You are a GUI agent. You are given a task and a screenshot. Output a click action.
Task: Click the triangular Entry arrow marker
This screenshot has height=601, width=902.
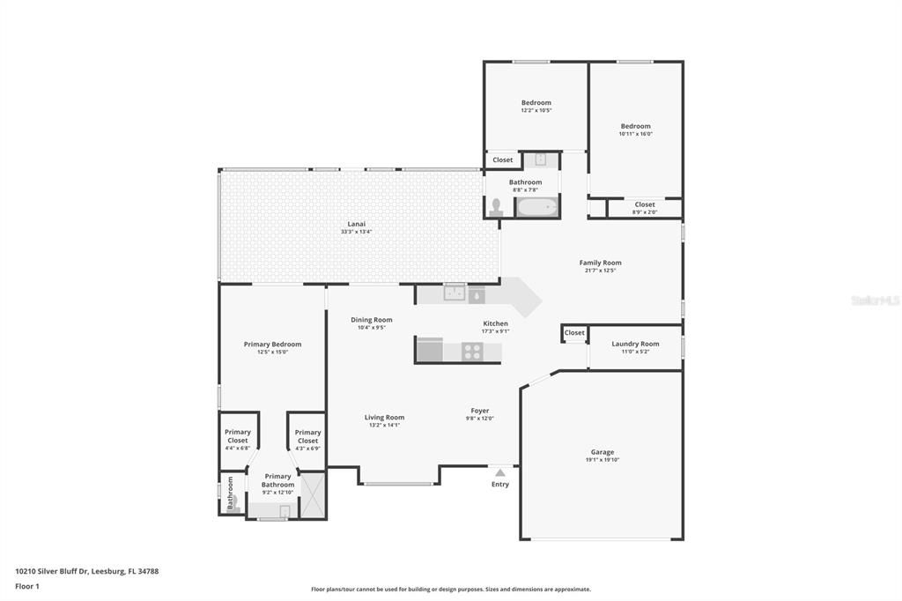coord(500,473)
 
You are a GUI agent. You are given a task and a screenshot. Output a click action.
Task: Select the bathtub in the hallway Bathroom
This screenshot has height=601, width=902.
coord(537,208)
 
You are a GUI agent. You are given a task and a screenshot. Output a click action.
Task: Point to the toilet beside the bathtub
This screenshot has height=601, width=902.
coord(497,208)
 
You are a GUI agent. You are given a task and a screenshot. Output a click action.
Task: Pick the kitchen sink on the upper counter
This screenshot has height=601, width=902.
coord(455,294)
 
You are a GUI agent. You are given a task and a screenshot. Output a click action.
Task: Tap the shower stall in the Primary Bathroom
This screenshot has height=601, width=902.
coord(314,496)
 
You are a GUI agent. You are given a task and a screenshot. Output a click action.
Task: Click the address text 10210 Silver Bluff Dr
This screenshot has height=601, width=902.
coord(87,571)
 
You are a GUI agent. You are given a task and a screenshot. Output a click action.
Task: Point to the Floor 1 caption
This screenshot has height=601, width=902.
coord(27,586)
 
